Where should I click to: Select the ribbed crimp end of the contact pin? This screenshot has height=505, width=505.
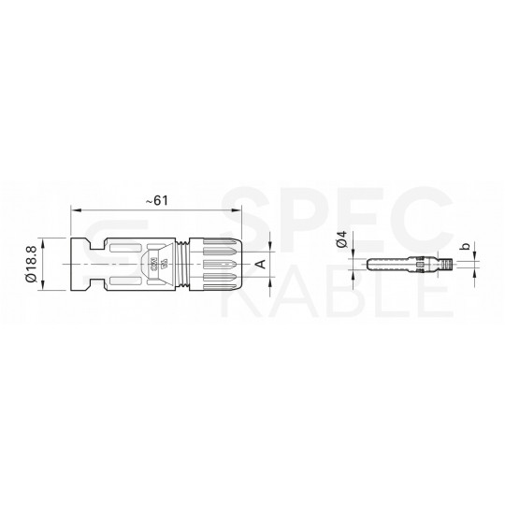tap(458, 265)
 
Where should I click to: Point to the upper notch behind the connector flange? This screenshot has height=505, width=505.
tap(90, 243)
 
